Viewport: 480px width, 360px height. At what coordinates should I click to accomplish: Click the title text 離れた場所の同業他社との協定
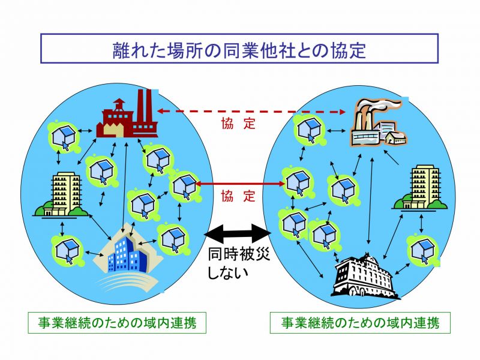(x=239, y=50)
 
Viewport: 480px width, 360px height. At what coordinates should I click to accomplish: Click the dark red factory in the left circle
(x=127, y=114)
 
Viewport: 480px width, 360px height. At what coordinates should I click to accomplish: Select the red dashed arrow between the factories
(x=251, y=112)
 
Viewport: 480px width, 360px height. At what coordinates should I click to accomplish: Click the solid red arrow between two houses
(x=241, y=184)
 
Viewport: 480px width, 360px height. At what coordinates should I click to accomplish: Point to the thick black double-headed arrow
(x=238, y=233)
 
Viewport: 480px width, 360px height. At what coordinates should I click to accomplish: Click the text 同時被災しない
(x=239, y=263)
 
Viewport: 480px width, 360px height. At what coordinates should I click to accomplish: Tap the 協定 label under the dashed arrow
(x=238, y=124)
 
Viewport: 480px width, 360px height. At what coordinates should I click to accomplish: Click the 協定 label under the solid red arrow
(x=238, y=196)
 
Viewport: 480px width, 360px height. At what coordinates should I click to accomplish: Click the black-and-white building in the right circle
(x=364, y=275)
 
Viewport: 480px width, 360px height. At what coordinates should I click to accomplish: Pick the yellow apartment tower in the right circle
(x=420, y=188)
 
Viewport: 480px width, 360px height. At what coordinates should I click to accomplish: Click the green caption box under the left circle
(x=117, y=323)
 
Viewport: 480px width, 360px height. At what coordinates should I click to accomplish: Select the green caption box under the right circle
(x=360, y=323)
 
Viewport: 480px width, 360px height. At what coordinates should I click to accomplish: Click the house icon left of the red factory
(x=64, y=137)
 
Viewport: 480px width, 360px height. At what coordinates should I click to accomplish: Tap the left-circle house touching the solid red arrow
(x=184, y=186)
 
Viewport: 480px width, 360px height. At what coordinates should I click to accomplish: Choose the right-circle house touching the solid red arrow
(x=297, y=183)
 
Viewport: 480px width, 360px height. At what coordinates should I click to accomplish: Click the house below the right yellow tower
(x=423, y=250)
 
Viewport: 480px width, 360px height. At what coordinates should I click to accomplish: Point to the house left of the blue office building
(x=67, y=251)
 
